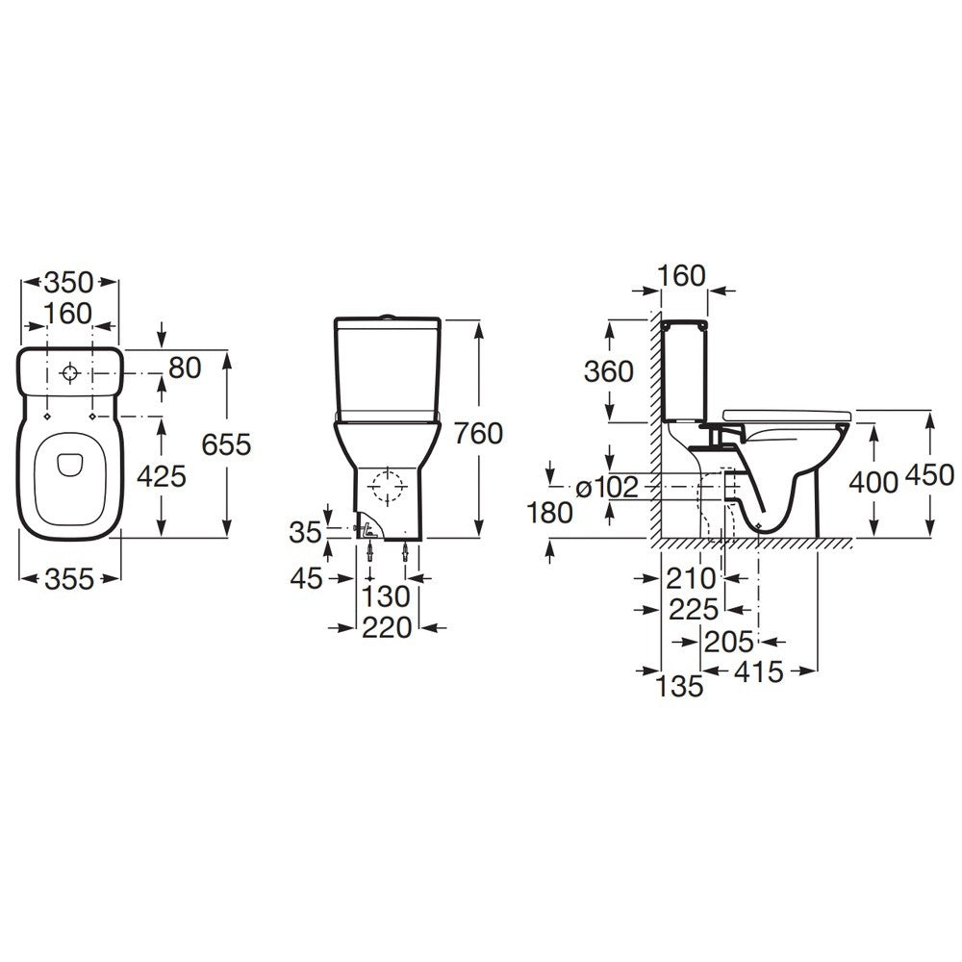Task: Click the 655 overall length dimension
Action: (226, 444)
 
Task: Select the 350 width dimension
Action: (68, 283)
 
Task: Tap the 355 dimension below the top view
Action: (69, 579)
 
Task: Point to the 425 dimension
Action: (162, 476)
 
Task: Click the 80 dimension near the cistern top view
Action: (185, 368)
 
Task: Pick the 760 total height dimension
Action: (478, 434)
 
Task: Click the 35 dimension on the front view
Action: (306, 533)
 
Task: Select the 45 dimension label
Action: (306, 578)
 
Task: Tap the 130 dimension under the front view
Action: (386, 596)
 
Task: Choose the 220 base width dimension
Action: (387, 627)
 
